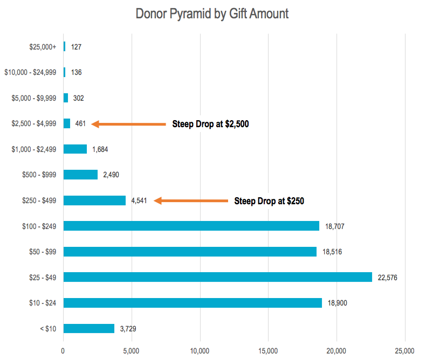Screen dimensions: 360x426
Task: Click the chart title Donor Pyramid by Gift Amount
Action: pyautogui.click(x=213, y=14)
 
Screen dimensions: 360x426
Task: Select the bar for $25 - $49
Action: pyautogui.click(x=218, y=277)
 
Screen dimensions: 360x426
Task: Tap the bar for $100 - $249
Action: pyautogui.click(x=191, y=226)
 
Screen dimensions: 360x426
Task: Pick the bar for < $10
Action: pyautogui.click(x=89, y=328)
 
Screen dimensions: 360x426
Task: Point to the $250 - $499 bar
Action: pyautogui.click(x=94, y=200)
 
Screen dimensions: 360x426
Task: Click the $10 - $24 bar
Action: pyautogui.click(x=193, y=303)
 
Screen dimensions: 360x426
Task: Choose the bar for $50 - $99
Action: pyautogui.click(x=190, y=252)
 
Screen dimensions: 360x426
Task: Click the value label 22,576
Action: pyautogui.click(x=387, y=278)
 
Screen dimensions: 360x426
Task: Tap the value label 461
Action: pyautogui.click(x=80, y=124)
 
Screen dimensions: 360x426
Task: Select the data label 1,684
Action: pyautogui.click(x=100, y=149)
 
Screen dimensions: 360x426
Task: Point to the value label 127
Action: pyautogui.click(x=77, y=47)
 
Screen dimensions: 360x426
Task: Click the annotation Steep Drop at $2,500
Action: pyautogui.click(x=210, y=124)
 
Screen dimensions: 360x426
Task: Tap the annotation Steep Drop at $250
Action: pyautogui.click(x=269, y=201)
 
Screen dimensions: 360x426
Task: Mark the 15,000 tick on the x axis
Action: pyautogui.click(x=268, y=350)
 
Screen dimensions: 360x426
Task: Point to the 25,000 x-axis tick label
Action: pyautogui.click(x=404, y=350)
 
